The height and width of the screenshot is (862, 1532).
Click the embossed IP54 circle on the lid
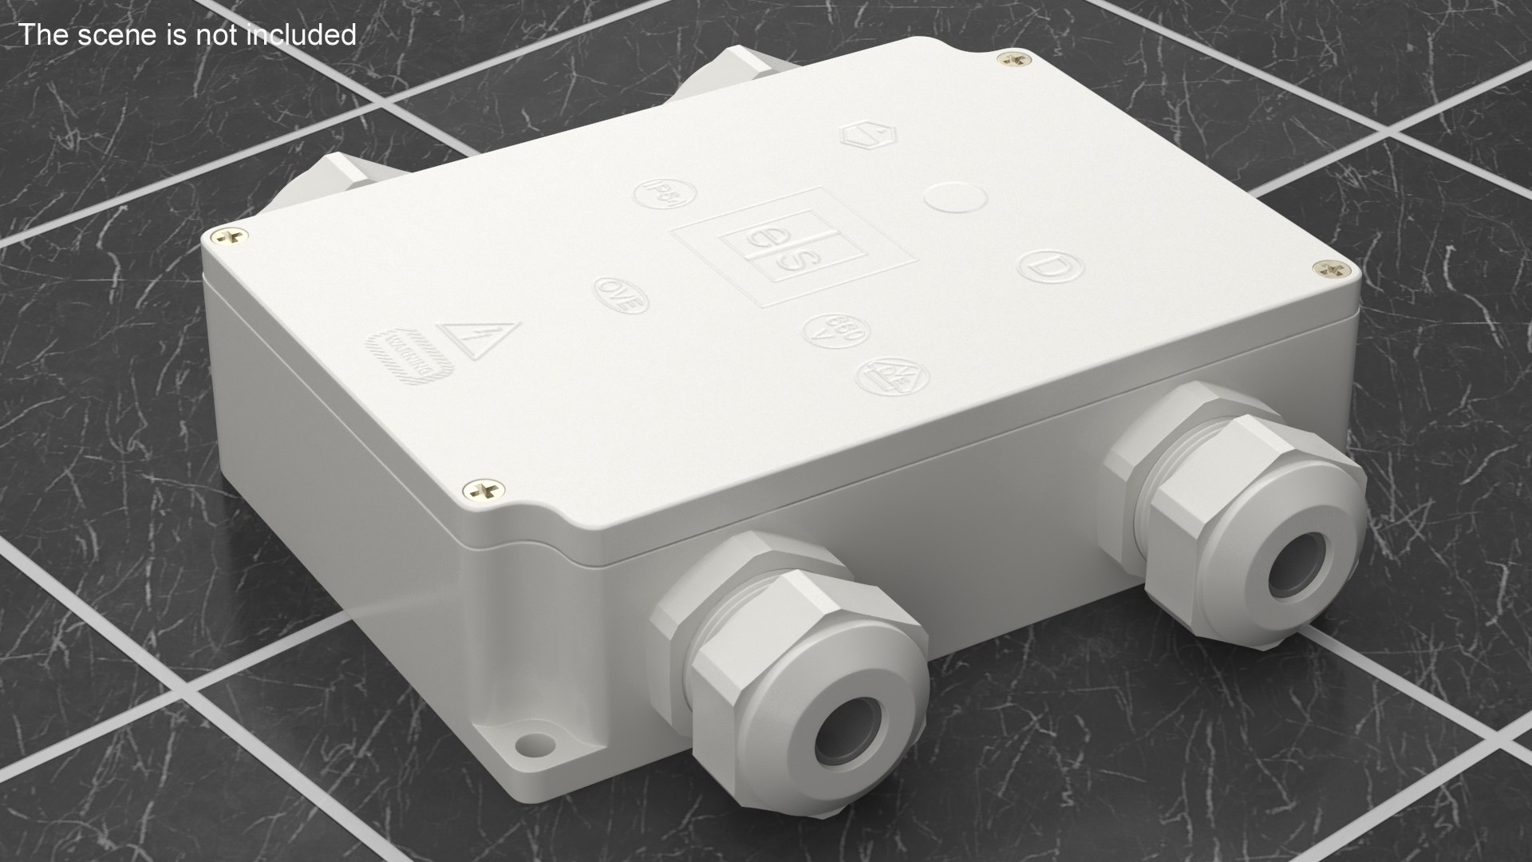point(665,194)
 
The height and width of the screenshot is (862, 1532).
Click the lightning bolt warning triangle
point(479,338)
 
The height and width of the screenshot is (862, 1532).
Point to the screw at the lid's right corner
point(1327,270)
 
